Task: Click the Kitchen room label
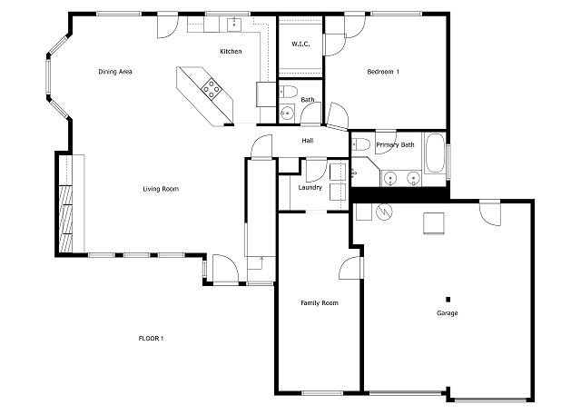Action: click(x=231, y=52)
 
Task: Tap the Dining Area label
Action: click(x=116, y=71)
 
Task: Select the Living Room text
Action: click(x=161, y=189)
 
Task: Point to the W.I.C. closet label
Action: click(x=300, y=44)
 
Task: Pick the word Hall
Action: click(x=308, y=141)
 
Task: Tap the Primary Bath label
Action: click(x=396, y=144)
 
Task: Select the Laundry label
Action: click(x=310, y=187)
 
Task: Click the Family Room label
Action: click(x=320, y=302)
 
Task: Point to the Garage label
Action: click(x=447, y=313)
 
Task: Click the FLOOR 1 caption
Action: click(x=151, y=339)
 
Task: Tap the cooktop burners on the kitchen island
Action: click(x=213, y=88)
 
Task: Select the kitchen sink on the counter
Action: click(x=233, y=23)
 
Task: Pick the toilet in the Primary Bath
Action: click(x=360, y=145)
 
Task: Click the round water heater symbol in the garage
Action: click(x=383, y=211)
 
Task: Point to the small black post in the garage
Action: click(x=448, y=299)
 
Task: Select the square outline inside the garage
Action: click(x=432, y=222)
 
